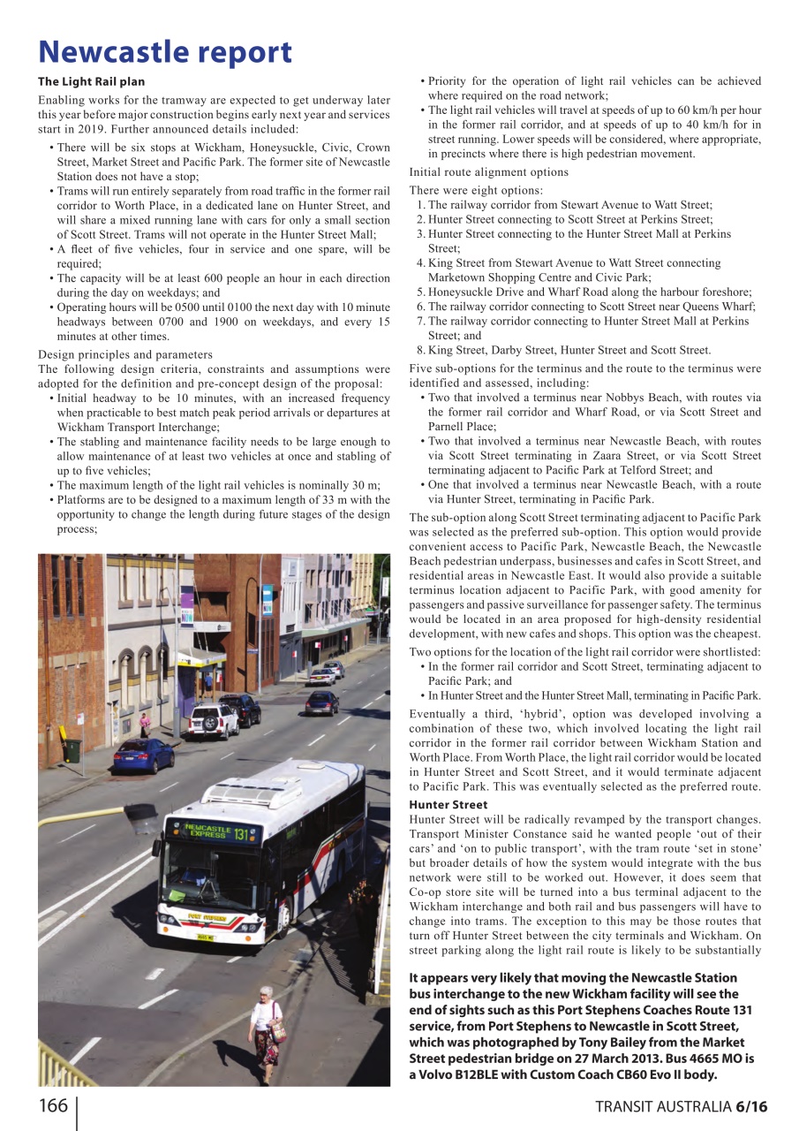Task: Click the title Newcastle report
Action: point(164,52)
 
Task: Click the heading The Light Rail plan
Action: point(91,81)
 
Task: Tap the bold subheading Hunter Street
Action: point(448,805)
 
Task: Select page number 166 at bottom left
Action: point(52,1106)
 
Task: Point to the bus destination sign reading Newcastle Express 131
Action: point(211,831)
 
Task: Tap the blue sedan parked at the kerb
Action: point(143,755)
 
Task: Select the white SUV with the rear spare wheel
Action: point(212,719)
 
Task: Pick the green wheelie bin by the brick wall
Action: point(72,751)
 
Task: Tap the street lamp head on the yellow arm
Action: point(141,817)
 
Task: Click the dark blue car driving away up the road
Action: point(321,702)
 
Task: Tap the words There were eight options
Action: point(476,190)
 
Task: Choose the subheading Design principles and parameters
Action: point(124,355)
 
